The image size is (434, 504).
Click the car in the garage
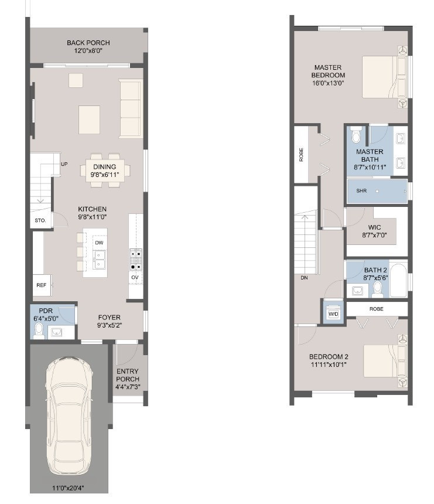[x=69, y=416]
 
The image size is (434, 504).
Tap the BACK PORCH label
[x=88, y=43]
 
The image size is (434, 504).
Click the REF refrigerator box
[x=41, y=285]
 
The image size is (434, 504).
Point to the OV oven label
[x=135, y=277]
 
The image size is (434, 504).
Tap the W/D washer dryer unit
[x=333, y=314]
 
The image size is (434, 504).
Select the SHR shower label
[x=361, y=191]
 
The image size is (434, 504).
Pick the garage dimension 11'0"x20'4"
[x=69, y=487]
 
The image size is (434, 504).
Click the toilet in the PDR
[x=39, y=332]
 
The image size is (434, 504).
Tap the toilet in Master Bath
[x=356, y=137]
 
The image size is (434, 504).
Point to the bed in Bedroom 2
[x=384, y=360]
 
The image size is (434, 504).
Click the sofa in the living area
[x=130, y=108]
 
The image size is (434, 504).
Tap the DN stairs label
[x=304, y=278]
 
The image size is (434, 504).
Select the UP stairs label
[x=64, y=164]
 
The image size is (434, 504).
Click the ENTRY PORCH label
[x=128, y=375]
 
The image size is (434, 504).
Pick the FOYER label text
[x=109, y=317]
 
